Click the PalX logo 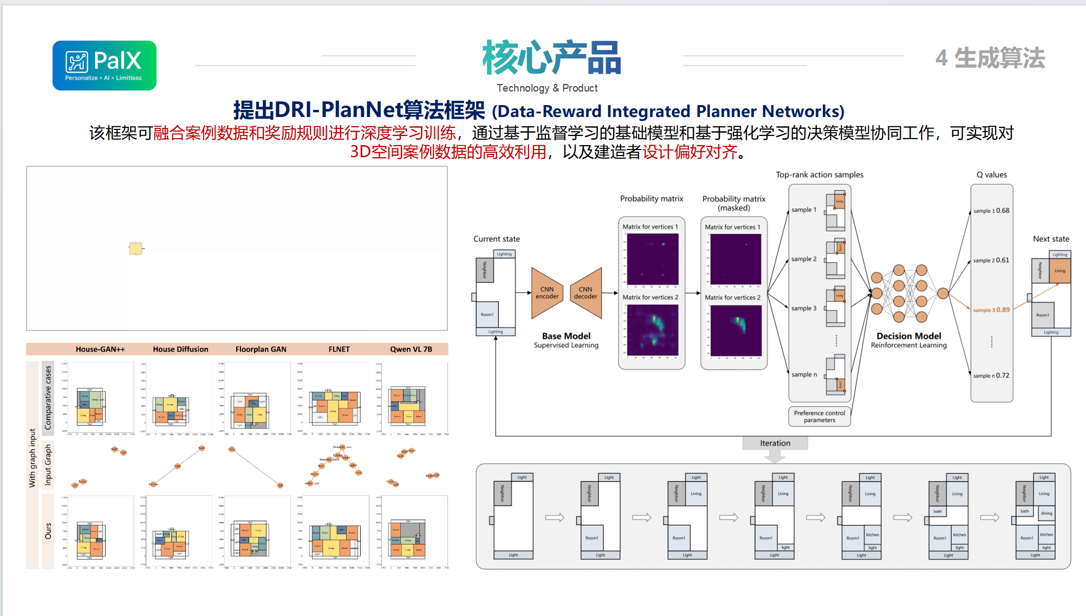105,66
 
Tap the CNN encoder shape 547,293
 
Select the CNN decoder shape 586,293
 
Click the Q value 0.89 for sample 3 1003,310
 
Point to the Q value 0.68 1003,211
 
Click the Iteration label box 775,443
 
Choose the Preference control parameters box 819,417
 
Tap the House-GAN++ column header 100,349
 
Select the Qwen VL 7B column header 411,349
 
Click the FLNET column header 339,349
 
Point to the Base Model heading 566,336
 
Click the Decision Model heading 908,336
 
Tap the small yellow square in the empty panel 135,249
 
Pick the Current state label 496,239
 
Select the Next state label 1051,239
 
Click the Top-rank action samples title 820,174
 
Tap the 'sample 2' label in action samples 804,259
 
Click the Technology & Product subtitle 547,88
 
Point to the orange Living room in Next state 1059,271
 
